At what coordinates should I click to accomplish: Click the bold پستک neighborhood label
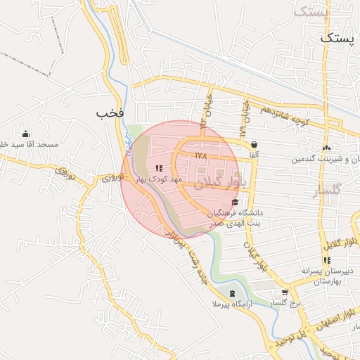click(x=335, y=39)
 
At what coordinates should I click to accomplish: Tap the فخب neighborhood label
click(x=111, y=112)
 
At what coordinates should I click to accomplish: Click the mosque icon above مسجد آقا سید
click(x=26, y=134)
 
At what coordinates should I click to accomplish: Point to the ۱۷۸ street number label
click(x=201, y=155)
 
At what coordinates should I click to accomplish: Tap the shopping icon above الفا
click(x=253, y=144)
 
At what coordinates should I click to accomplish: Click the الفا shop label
click(x=253, y=154)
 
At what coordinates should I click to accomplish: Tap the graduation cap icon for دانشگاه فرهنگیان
click(x=234, y=202)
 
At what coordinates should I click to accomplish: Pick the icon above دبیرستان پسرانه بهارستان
click(x=326, y=260)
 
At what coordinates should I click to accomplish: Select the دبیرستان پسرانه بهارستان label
click(x=326, y=276)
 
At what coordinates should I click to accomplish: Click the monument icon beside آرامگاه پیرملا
click(x=233, y=293)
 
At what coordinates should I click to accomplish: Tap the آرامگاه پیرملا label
click(x=221, y=304)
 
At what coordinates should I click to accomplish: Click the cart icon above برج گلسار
click(x=284, y=292)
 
